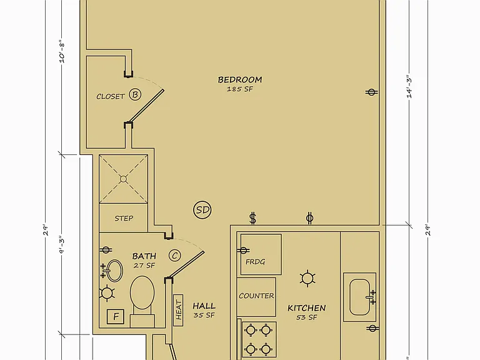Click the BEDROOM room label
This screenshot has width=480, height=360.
240,79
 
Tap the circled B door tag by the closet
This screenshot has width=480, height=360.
135,94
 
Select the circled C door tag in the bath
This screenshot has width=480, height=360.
175,255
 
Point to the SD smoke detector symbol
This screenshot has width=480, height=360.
202,210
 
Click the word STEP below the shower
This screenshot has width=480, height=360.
124,218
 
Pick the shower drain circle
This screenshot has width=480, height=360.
123,179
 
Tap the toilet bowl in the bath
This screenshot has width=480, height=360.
142,292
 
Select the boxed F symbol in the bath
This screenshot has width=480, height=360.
116,316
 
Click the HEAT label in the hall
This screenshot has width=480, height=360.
179,311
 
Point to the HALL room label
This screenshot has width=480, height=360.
204,306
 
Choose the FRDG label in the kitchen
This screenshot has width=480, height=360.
255,262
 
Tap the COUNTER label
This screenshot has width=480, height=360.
256,296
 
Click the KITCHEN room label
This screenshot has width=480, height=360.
307,307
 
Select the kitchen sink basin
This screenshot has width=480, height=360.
359,297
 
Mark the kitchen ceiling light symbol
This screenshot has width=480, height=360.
307,278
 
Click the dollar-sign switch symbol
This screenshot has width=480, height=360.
252,218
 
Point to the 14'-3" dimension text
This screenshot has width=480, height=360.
409,87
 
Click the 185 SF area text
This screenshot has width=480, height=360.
240,89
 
